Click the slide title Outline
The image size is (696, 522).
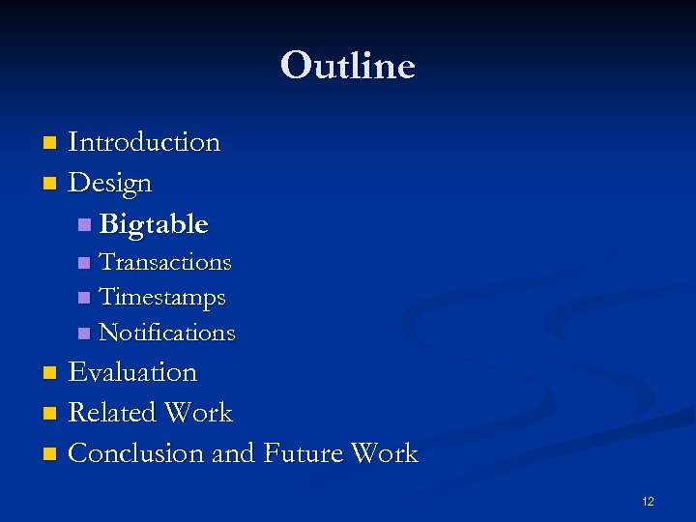[348, 66]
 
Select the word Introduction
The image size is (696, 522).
[144, 142]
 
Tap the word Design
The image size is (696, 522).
[110, 183]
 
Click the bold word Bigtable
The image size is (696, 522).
[154, 224]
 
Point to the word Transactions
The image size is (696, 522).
[165, 262]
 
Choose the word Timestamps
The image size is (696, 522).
[162, 298]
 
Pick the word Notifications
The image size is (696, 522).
[167, 333]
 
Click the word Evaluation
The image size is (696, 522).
[132, 372]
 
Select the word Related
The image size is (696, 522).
[111, 413]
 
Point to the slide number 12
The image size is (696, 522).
[648, 502]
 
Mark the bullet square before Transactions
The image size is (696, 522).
[85, 263]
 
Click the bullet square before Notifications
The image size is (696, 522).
[85, 333]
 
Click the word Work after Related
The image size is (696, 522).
[197, 413]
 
